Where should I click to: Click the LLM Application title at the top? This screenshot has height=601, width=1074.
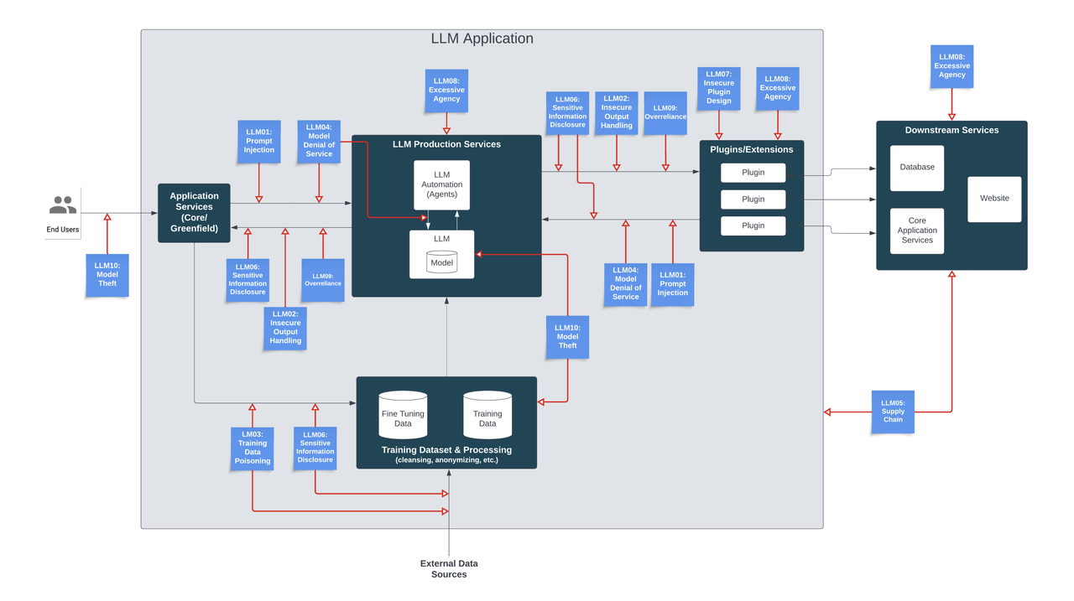(482, 39)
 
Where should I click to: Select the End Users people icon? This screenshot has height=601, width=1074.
(63, 205)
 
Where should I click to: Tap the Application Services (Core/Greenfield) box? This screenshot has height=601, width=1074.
(194, 213)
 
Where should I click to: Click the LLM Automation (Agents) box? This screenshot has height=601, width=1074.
(441, 185)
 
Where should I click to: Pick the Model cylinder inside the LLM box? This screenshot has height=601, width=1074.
(441, 262)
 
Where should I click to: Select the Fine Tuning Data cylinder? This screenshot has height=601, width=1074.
(403, 416)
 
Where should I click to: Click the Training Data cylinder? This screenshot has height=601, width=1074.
(487, 416)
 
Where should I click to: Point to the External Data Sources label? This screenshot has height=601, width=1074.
(449, 568)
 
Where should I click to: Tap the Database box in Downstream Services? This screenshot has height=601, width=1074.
(917, 168)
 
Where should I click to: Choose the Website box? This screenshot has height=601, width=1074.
(994, 199)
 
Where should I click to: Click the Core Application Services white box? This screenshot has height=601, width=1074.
(917, 231)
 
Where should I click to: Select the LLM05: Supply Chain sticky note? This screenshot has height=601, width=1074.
(893, 412)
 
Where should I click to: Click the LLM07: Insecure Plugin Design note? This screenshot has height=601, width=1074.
(719, 88)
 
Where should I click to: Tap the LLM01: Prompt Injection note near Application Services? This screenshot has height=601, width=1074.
(258, 141)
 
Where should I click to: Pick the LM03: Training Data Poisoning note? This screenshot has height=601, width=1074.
(253, 448)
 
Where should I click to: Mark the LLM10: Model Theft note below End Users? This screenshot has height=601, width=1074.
(107, 275)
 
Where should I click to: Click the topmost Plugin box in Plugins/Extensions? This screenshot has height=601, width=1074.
(753, 173)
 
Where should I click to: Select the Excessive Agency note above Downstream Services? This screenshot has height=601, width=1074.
(951, 66)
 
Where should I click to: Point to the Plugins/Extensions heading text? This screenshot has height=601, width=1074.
(752, 150)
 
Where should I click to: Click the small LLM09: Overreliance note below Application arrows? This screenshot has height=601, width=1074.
(323, 280)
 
